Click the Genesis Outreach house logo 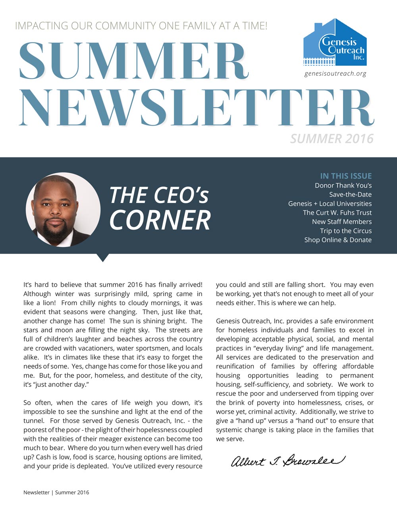point(335,42)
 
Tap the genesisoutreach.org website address point(335,73)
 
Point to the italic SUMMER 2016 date point(331,139)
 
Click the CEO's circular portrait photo point(63,210)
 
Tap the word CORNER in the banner point(160,220)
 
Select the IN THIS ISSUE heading point(346,176)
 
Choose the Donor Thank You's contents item point(343,186)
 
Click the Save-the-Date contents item point(350,195)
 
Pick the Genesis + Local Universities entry point(330,204)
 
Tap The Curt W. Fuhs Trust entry point(337,213)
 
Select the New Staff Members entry point(341,222)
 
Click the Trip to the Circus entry point(346,231)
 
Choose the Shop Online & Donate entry point(338,240)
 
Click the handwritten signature point(288,461)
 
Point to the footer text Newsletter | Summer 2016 point(56,492)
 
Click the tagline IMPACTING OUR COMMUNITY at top point(141,26)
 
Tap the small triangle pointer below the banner point(102,258)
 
